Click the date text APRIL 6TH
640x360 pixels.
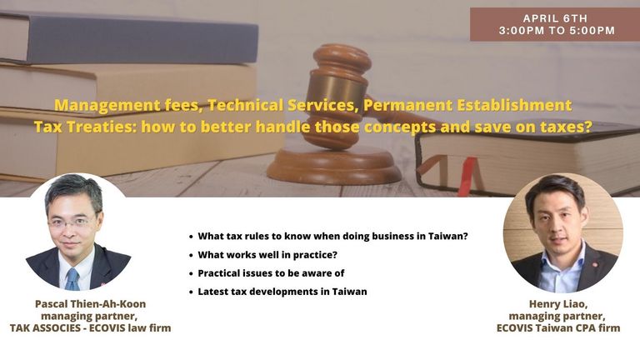pos(555,18)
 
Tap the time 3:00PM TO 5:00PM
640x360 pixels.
pos(557,31)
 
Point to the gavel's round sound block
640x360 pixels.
pos(334,165)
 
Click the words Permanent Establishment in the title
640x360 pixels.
pos(467,105)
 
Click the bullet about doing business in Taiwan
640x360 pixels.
pos(332,236)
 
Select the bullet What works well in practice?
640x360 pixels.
pos(267,255)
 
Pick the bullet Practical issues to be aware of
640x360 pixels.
pos(271,273)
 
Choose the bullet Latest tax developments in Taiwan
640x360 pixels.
pos(282,292)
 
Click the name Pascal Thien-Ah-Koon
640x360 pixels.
pos(90,304)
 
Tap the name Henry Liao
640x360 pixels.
pos(558,304)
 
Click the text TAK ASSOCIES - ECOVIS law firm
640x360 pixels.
pos(90,327)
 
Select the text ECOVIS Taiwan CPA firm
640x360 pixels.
pos(558,327)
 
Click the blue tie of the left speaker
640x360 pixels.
pos(72,280)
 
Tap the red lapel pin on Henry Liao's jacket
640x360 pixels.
pos(595,265)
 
